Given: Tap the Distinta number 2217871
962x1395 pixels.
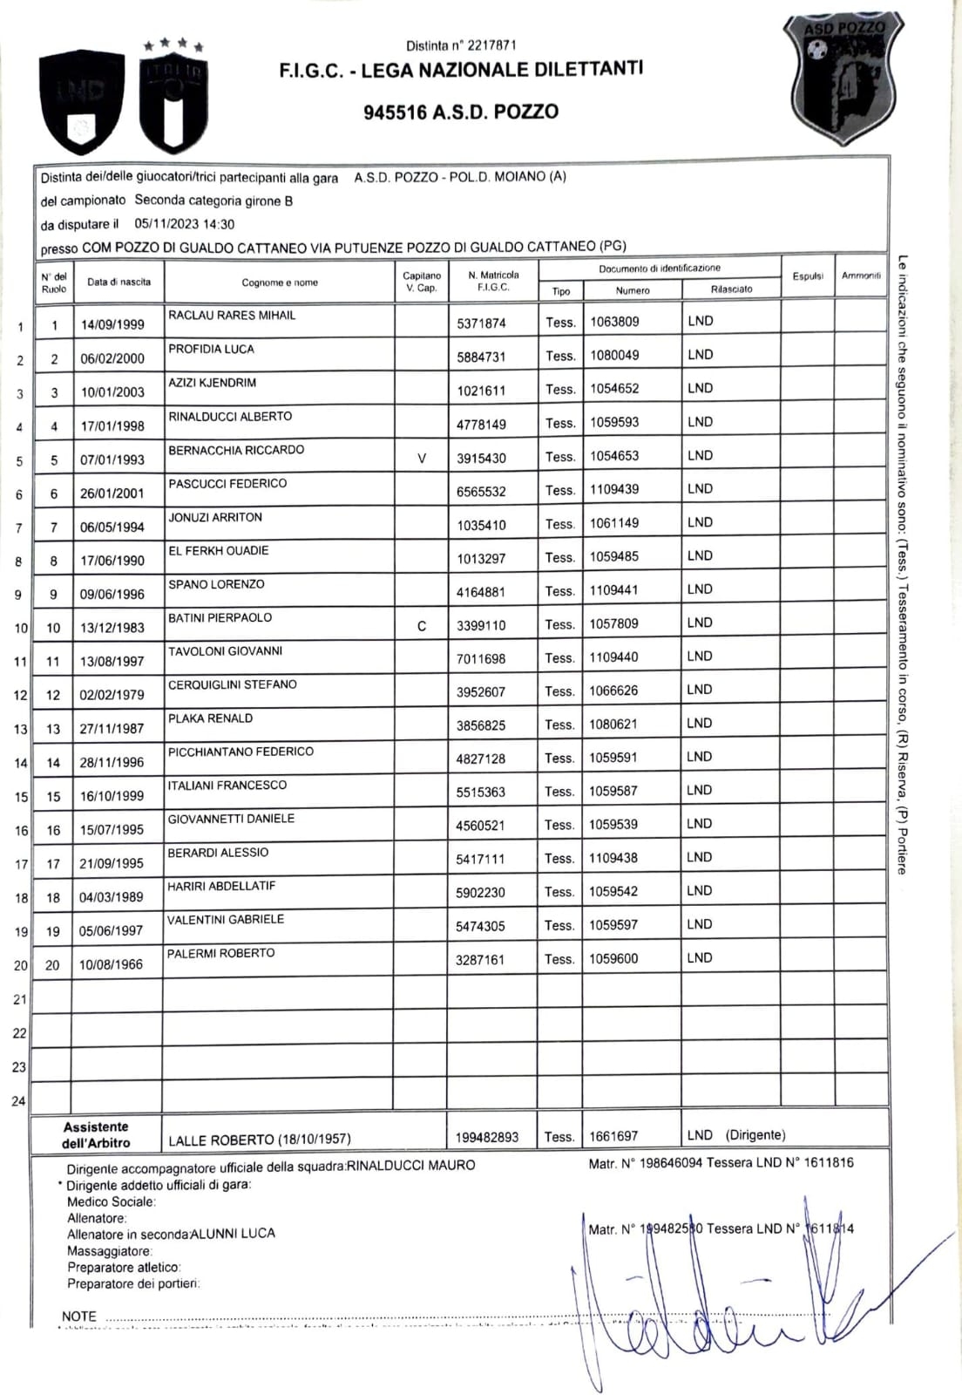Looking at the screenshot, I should click(x=461, y=45).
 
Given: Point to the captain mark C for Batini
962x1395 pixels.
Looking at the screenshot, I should click(x=422, y=626).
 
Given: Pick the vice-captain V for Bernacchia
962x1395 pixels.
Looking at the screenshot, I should click(x=422, y=458).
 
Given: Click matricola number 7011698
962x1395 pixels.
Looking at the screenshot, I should click(x=480, y=659).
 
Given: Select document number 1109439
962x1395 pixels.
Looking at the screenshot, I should click(x=614, y=489).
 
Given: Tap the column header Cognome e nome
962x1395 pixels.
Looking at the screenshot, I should click(x=280, y=282).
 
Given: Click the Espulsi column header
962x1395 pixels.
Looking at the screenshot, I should click(x=808, y=276).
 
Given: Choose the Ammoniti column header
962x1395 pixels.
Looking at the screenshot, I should click(x=861, y=276).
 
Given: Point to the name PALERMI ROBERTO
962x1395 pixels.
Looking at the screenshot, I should click(x=221, y=953).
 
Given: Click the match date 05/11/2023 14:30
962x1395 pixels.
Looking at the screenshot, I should click(x=185, y=224).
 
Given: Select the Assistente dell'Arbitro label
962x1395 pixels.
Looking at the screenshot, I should click(x=96, y=1134).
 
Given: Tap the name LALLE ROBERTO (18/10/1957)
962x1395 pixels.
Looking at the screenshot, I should click(x=260, y=1140).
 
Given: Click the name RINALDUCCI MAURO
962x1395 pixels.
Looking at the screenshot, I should click(x=411, y=1166).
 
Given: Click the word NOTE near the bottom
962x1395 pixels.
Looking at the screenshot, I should click(x=79, y=1316).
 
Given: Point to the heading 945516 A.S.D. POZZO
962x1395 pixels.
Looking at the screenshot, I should click(x=461, y=112).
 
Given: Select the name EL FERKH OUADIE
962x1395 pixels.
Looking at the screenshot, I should click(x=219, y=551).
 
